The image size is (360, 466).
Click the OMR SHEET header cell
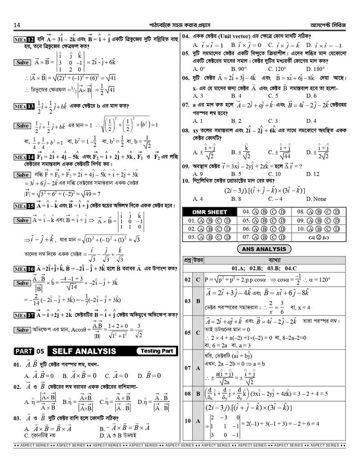click(x=210, y=212)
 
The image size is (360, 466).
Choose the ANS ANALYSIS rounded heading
click(x=264, y=249)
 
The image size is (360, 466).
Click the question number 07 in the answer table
click(x=187, y=368)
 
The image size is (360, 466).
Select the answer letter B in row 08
click(x=198, y=394)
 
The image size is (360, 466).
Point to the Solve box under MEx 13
click(x=22, y=126)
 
